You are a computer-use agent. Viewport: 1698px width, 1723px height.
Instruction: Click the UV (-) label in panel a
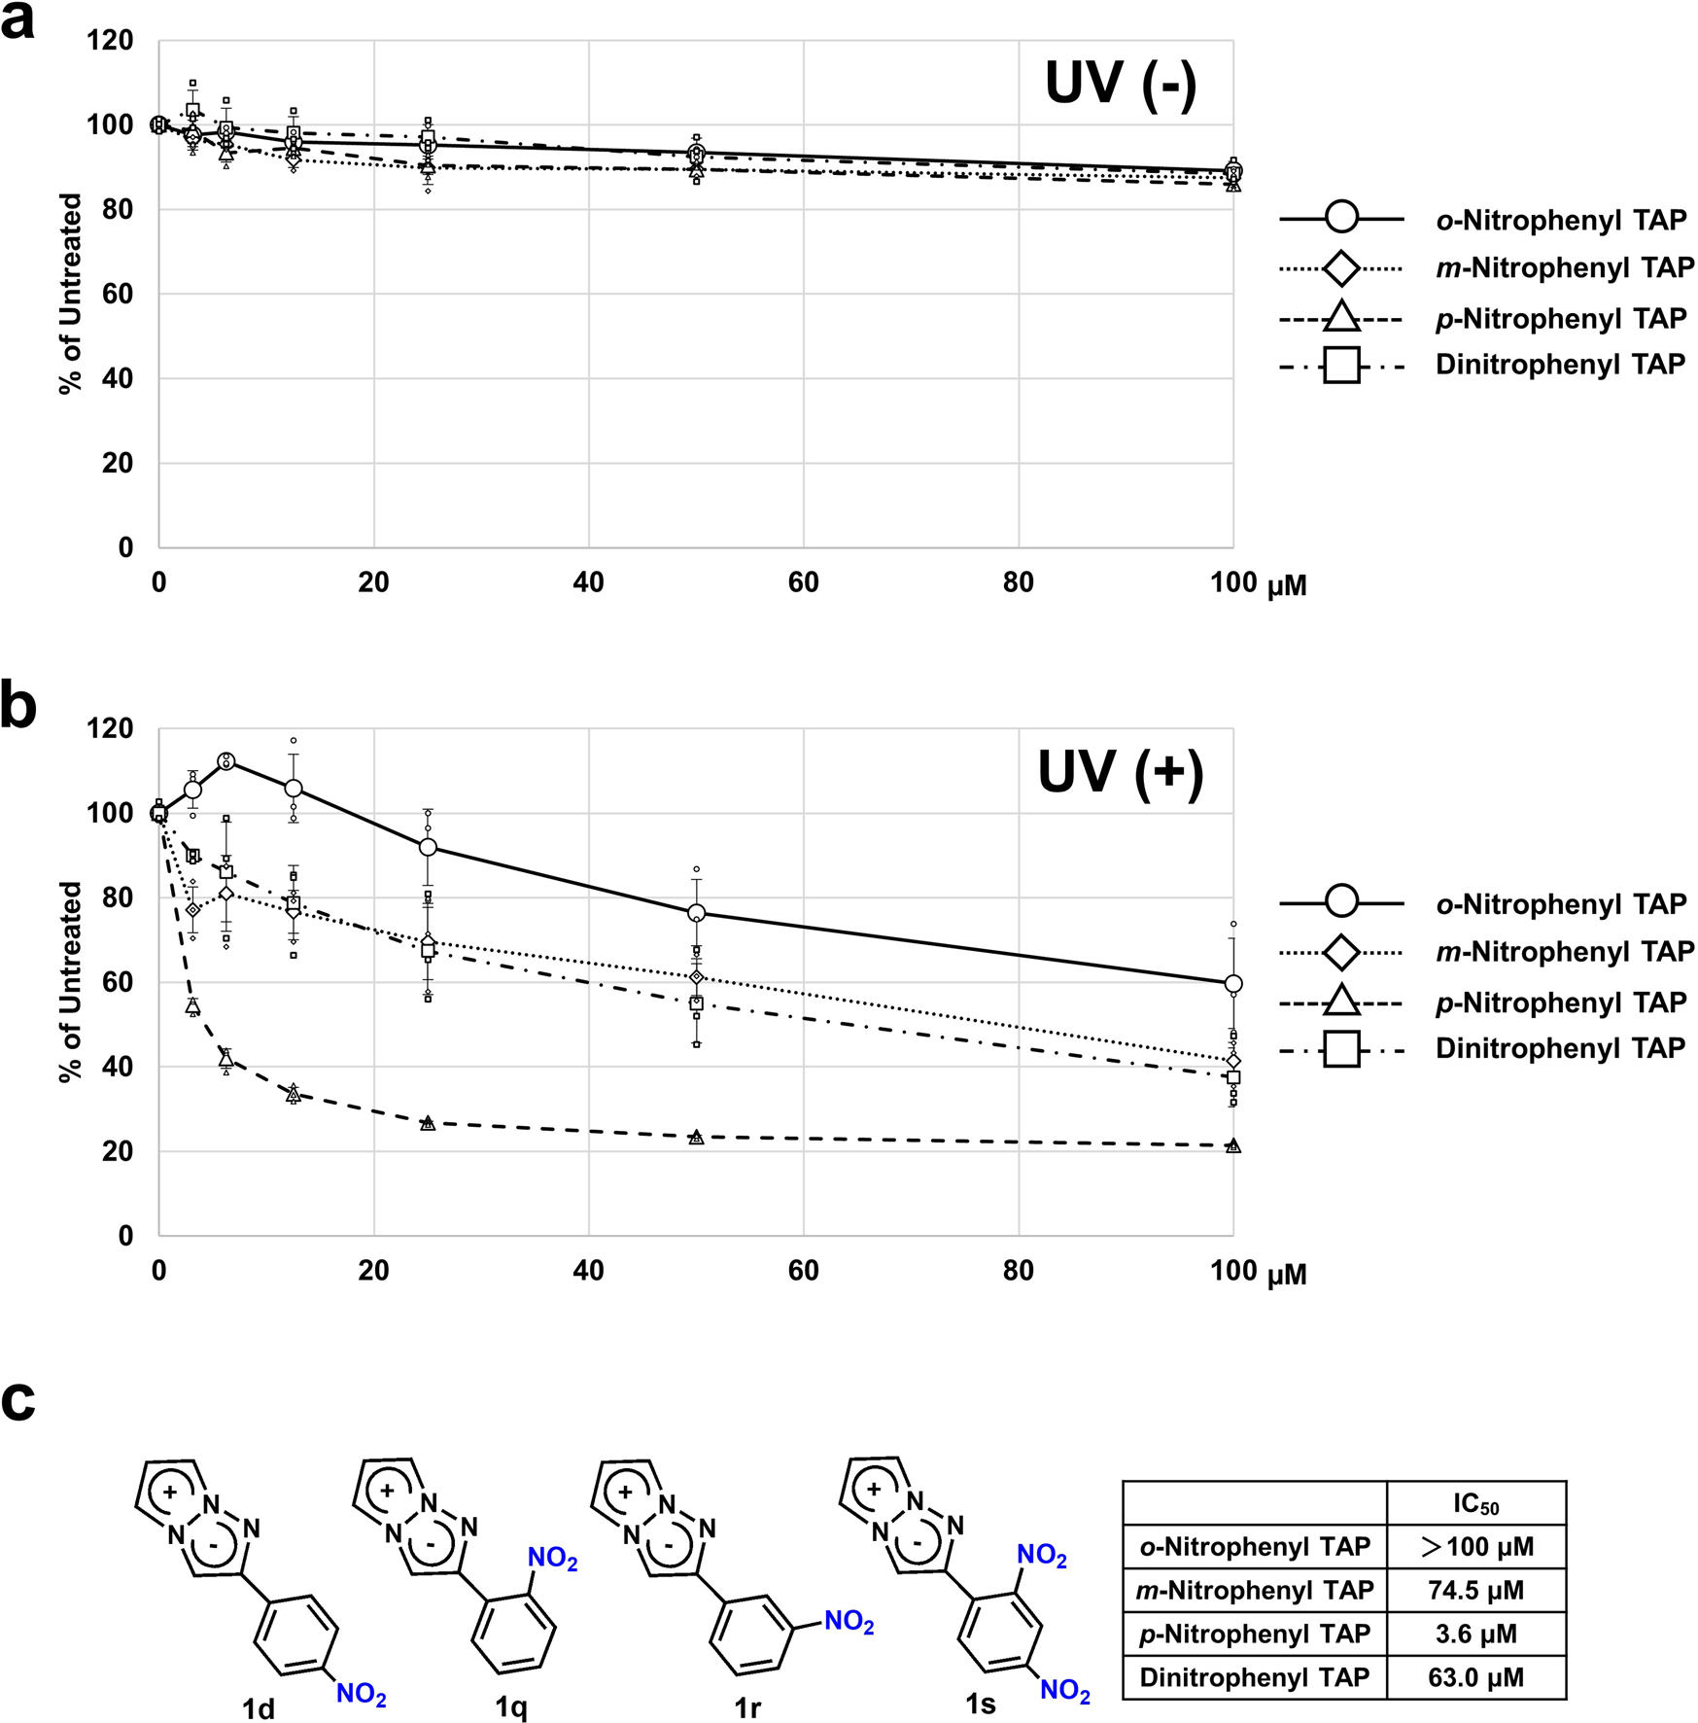[x=1120, y=84]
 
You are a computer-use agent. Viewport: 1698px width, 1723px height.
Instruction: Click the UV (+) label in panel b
[x=1120, y=773]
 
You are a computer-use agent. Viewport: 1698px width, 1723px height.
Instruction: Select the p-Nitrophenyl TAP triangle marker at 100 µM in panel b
[x=1232, y=1146]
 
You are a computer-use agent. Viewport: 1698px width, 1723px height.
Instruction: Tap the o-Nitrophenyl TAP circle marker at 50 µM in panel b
[x=696, y=913]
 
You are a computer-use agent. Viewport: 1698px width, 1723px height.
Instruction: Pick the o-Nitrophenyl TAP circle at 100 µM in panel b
[x=1232, y=984]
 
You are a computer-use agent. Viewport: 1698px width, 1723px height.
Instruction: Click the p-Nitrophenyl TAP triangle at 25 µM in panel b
[x=428, y=1123]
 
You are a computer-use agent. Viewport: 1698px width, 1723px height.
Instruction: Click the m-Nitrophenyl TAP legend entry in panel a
[x=1564, y=268]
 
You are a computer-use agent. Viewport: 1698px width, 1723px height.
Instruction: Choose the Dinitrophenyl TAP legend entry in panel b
[x=1559, y=1048]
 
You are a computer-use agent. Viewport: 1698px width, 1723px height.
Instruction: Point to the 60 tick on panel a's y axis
[x=118, y=294]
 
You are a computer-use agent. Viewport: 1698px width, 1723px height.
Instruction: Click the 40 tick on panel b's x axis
[x=588, y=1271]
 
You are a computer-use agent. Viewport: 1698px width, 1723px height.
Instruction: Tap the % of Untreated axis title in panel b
[x=70, y=982]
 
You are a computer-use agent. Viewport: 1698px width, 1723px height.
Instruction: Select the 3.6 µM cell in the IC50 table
[x=1475, y=1634]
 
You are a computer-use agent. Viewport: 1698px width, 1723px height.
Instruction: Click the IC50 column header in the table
[x=1475, y=1504]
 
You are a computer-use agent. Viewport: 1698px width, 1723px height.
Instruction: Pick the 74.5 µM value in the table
[x=1475, y=1590]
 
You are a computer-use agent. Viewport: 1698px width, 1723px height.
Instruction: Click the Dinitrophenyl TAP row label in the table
[x=1254, y=1677]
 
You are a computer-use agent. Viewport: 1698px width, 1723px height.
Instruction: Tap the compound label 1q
[x=511, y=1706]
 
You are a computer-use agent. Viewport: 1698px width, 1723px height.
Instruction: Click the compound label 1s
[x=980, y=1704]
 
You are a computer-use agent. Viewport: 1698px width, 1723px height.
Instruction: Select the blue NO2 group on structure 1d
[x=362, y=1694]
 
